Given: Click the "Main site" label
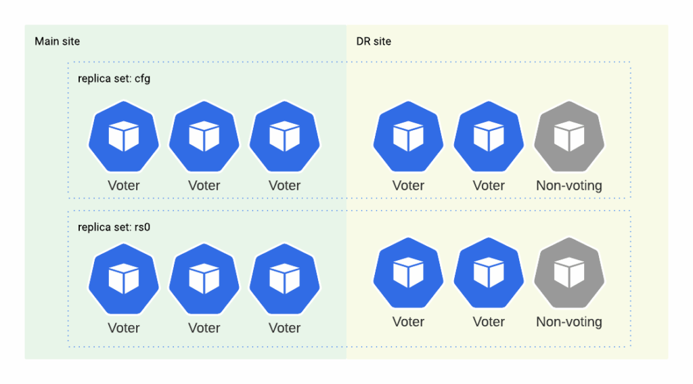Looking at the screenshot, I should [58, 41].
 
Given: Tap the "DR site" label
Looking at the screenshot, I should [374, 41].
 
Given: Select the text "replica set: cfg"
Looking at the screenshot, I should [114, 79].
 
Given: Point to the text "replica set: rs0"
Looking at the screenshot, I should [114, 228].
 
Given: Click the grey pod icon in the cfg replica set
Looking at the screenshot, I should [568, 137].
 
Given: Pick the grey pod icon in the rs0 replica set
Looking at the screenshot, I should [568, 272].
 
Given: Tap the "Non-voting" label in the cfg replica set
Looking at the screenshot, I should [568, 186].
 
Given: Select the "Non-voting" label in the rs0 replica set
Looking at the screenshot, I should [568, 322].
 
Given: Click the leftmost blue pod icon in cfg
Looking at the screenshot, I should [123, 137].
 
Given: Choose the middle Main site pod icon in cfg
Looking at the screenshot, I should [204, 137].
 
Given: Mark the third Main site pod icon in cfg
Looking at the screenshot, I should [284, 137].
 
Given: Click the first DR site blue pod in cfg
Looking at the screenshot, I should [408, 137].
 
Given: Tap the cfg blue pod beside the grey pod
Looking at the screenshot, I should [489, 137].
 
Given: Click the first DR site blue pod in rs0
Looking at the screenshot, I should [408, 272].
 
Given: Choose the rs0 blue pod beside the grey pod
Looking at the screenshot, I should [489, 272].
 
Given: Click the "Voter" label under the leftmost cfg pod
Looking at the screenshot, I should [123, 186].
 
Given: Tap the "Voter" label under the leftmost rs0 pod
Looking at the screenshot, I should [123, 328].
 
